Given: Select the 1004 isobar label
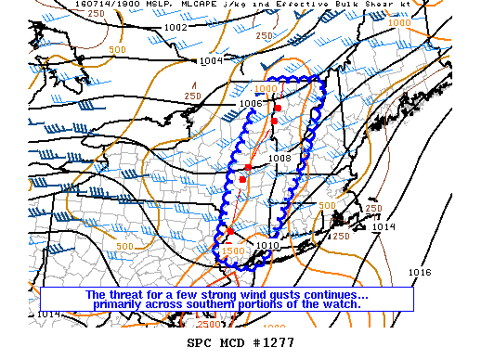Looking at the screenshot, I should tap(211, 60).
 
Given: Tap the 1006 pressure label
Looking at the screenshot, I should tap(251, 103).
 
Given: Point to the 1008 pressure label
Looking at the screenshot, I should tap(279, 158).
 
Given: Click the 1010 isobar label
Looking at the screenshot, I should tap(267, 246).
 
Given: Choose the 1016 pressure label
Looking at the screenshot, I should tap(419, 272).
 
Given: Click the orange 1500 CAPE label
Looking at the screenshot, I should tap(233, 251).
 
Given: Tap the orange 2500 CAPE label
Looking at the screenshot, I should tap(209, 324).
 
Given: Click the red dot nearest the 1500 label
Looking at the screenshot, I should tap(229, 230).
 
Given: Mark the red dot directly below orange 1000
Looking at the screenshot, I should tap(277, 109).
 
